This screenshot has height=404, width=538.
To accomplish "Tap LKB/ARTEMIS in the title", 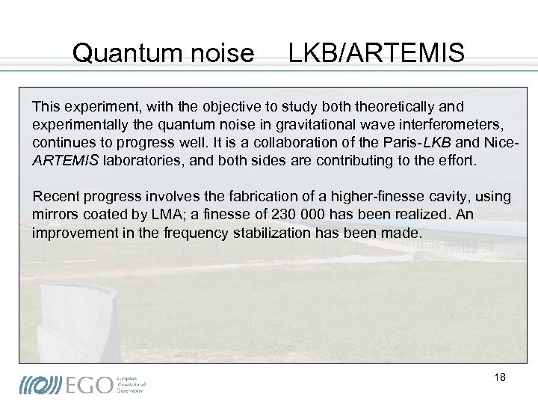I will [377, 53].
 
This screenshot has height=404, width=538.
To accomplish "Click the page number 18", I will [500, 377].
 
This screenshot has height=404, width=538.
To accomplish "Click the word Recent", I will [55, 197].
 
